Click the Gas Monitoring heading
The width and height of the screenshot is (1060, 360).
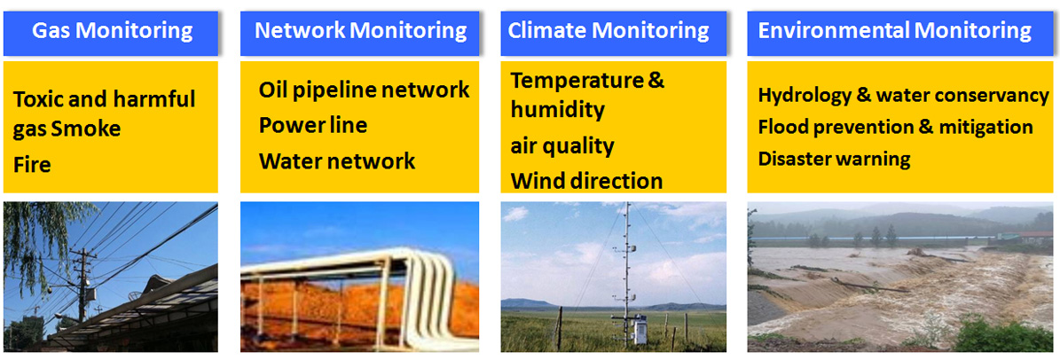(x=113, y=31)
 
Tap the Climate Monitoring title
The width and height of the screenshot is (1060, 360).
(x=609, y=31)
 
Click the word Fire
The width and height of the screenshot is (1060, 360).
(x=33, y=164)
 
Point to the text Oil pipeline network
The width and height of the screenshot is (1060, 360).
(x=364, y=90)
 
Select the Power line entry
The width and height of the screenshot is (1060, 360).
(x=313, y=125)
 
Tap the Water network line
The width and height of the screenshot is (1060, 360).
(x=337, y=160)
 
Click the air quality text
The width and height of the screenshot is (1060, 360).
(x=561, y=146)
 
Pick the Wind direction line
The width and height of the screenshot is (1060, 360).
(x=586, y=181)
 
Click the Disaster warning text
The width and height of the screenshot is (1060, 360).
(x=834, y=159)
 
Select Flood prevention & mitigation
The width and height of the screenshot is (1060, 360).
(x=896, y=127)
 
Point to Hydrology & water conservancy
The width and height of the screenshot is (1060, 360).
(x=903, y=95)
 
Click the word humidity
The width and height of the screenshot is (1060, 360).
(x=557, y=109)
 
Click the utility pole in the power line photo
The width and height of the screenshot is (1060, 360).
(x=82, y=285)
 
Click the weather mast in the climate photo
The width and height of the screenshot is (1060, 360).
(x=626, y=273)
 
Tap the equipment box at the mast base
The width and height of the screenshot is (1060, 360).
(x=638, y=330)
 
